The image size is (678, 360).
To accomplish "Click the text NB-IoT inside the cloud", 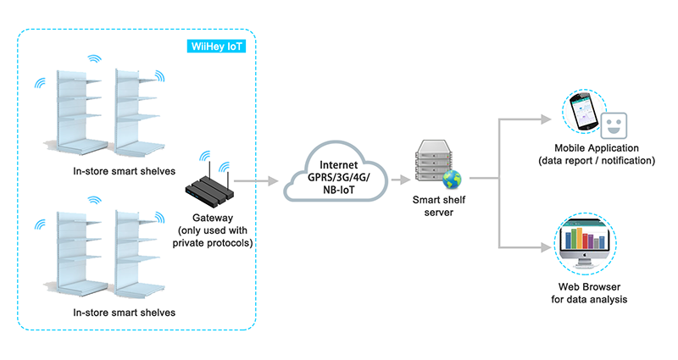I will [337, 193].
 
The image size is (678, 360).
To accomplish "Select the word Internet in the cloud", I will [337, 164].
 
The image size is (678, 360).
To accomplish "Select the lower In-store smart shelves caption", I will [124, 313].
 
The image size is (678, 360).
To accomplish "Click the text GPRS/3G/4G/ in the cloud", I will [337, 179].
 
